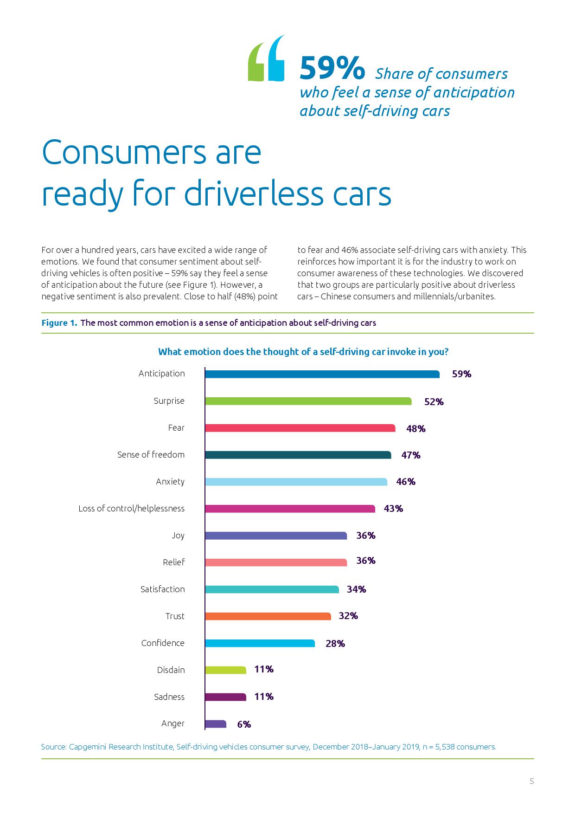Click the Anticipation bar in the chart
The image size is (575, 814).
tap(322, 374)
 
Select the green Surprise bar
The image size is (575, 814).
tap(308, 401)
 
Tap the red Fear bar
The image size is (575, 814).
tap(300, 428)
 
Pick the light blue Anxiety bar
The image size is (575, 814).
tap(296, 482)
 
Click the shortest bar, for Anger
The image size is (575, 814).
tap(216, 724)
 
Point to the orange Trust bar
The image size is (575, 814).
tap(268, 616)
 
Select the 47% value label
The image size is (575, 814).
tap(411, 455)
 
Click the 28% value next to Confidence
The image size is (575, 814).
tap(335, 644)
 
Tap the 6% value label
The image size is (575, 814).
tap(244, 724)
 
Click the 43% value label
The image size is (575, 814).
tap(393, 509)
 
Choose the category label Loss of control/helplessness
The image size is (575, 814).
tap(131, 509)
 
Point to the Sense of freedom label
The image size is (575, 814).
tap(151, 455)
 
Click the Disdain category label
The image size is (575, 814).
tap(171, 670)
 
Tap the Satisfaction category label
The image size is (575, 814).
tap(162, 589)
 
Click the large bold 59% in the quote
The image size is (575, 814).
tap(332, 68)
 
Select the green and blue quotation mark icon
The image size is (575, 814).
tap(266, 58)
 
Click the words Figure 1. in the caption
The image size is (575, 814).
tap(59, 323)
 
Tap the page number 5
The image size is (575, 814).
tap(532, 782)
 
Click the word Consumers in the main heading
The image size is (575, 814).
tap(151, 152)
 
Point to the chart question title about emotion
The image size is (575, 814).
tap(303, 352)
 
